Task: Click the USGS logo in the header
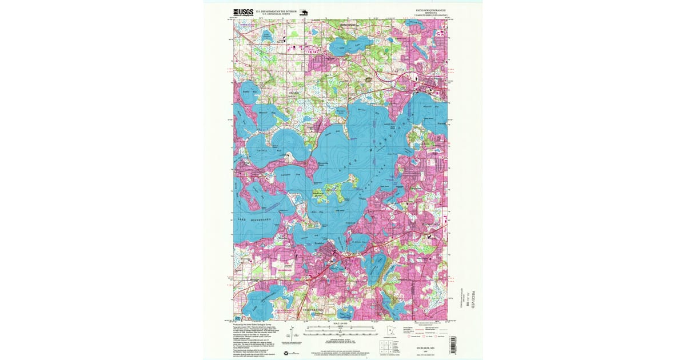tap(242, 11)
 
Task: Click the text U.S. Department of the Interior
tap(276, 10)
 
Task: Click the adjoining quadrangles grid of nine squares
tap(387, 346)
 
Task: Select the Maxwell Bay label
tap(264, 113)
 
